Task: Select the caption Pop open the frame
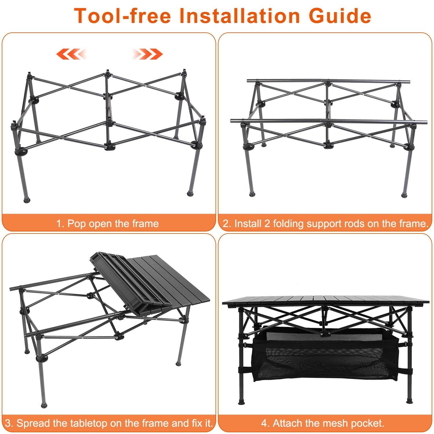[x=108, y=224]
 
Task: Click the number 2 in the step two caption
[x=226, y=224]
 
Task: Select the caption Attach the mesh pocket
[x=323, y=423]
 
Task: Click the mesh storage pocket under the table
[x=325, y=359]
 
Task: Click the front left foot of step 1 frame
[x=27, y=199]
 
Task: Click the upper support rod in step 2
[x=328, y=81]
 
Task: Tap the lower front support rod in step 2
[x=328, y=121]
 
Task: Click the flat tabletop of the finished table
[x=325, y=301]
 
